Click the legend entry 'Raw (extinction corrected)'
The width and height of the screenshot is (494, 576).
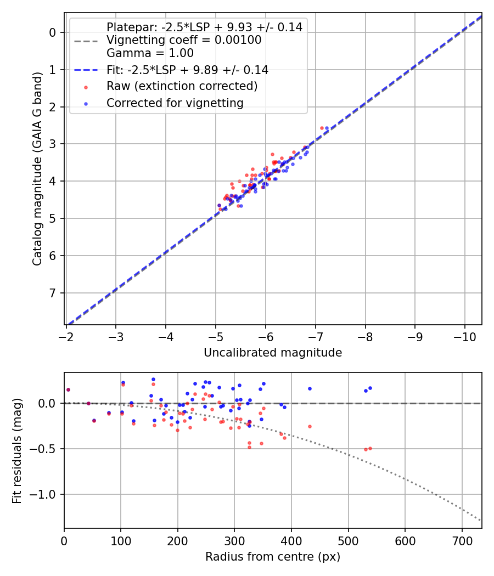coord(182,86)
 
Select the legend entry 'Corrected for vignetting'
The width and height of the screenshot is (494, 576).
coord(175,103)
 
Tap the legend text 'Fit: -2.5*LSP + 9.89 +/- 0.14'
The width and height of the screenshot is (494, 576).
coord(187,70)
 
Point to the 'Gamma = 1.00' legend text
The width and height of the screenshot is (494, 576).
coord(150,54)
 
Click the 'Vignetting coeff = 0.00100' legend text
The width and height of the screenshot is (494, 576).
coord(184,40)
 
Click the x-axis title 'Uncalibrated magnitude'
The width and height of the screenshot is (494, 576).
coord(273,353)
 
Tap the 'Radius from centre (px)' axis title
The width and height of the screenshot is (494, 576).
coord(273,557)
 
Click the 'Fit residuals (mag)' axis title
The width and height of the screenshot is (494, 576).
coord(17,451)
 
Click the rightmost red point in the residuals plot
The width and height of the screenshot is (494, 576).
coord(370,448)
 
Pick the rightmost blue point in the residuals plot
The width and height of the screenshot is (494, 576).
coord(370,388)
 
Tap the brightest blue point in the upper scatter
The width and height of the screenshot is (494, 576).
coord(327,128)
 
